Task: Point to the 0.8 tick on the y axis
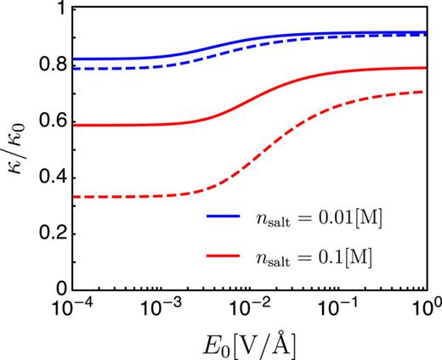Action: pyautogui.click(x=49, y=65)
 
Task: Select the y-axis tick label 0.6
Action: pyautogui.click(x=49, y=121)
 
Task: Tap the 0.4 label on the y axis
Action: pyautogui.click(x=49, y=177)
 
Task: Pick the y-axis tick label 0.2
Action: pyautogui.click(x=49, y=234)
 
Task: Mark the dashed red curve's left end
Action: pyautogui.click(x=74, y=197)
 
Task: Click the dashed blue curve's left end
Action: pyautogui.click(x=74, y=69)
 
